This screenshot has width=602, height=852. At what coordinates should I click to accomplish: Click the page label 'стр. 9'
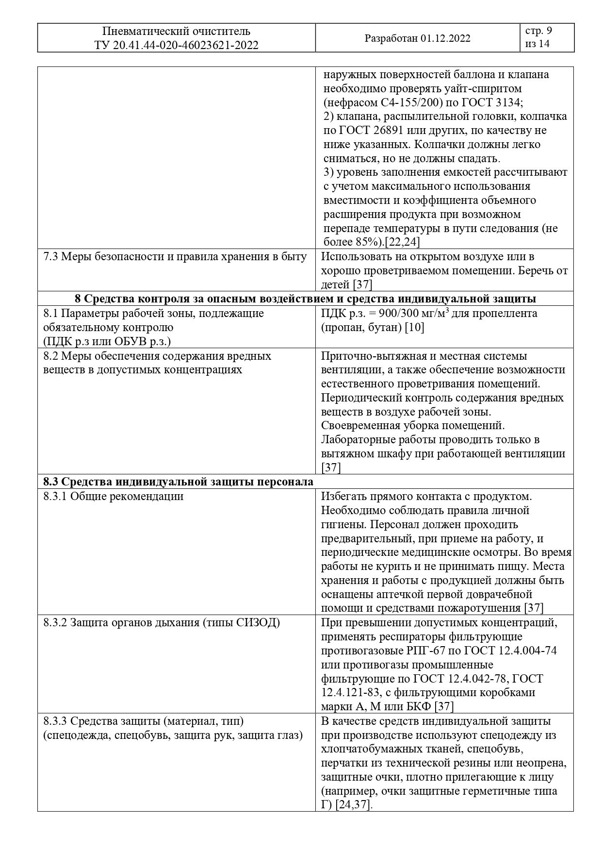538,31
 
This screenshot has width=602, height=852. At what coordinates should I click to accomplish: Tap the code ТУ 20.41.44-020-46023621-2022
176,46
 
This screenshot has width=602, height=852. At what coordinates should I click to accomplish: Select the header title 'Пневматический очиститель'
176,32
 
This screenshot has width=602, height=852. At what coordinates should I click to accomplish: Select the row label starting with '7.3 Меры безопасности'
175,256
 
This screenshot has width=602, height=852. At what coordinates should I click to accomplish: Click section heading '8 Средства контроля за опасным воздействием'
305,298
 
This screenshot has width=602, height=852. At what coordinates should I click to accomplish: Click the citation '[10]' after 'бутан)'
416,327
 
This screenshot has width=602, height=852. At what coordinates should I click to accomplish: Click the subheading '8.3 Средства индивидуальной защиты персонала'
178,482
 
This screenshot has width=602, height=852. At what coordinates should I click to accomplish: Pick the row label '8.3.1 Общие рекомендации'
114,496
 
